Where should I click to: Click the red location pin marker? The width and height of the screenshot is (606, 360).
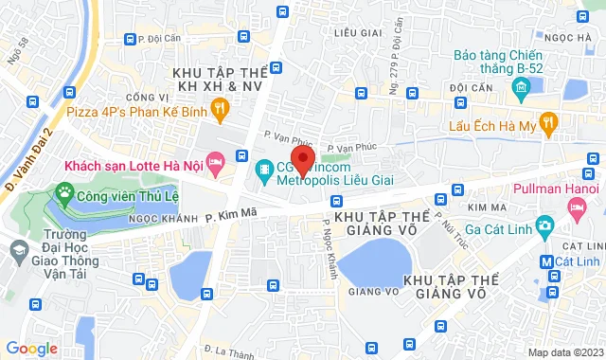click(302, 157)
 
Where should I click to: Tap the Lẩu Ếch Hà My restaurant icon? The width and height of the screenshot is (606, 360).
click(551, 124)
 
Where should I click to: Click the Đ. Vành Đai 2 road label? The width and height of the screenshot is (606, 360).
click(27, 159)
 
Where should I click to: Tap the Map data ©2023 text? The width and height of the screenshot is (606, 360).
click(564, 352)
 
